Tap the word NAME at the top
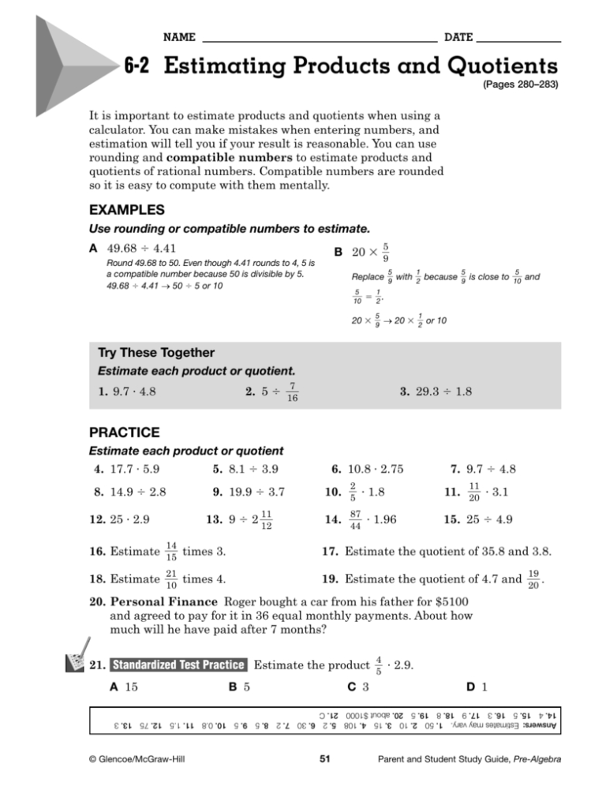point(179,37)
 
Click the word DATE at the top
point(458,37)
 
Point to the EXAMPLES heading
point(127,211)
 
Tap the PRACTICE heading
point(124,433)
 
